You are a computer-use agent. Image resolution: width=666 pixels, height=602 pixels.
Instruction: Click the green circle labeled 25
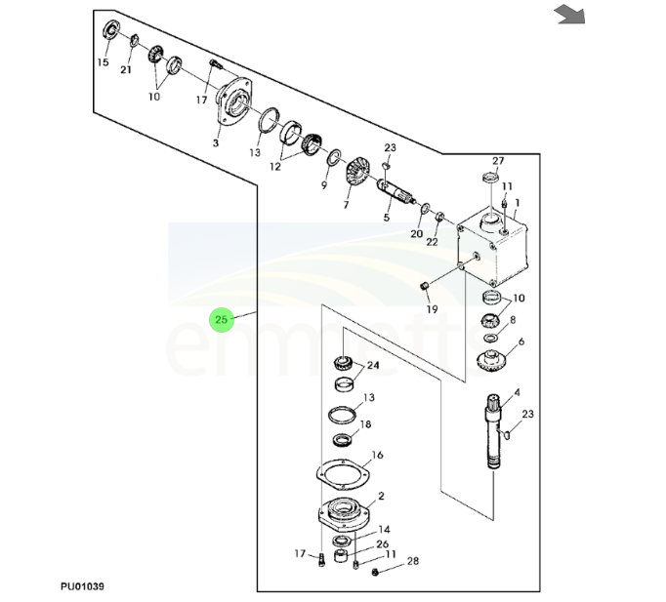tap(222, 319)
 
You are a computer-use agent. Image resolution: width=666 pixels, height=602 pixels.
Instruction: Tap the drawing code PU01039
tap(83, 586)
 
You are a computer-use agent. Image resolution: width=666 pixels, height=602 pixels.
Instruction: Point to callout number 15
tap(103, 62)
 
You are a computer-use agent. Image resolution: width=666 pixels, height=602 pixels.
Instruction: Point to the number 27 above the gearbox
tap(497, 161)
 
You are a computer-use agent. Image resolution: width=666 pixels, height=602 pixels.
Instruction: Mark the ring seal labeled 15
tap(109, 31)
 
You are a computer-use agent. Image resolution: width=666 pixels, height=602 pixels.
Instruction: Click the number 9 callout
tap(324, 184)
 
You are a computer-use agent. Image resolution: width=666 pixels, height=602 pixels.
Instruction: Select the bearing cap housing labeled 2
tap(343, 511)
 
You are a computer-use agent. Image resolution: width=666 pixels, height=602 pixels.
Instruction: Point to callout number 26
tap(383, 543)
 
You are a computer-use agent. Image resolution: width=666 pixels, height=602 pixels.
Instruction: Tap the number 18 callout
tap(365, 424)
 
